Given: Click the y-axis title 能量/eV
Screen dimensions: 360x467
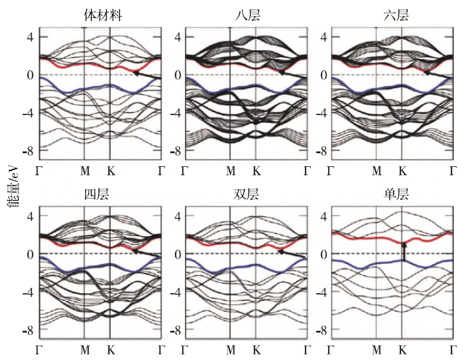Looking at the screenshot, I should tap(13, 182).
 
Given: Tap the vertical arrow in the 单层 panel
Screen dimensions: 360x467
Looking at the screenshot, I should tap(403, 252).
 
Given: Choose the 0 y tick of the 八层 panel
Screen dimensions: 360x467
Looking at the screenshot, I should tap(177, 75).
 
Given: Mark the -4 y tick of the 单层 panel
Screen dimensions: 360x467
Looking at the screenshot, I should tap(320, 292).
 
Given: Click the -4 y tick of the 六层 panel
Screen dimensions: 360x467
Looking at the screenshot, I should tap(320, 113).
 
